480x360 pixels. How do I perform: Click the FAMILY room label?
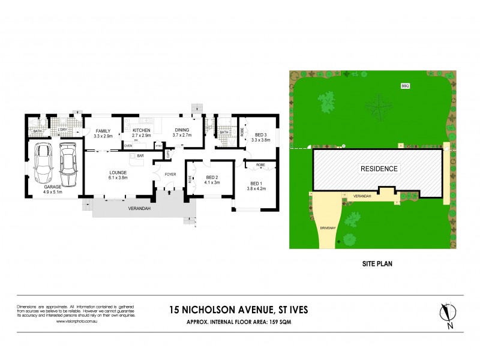pyautogui.click(x=103, y=130)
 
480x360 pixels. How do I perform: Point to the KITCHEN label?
pyautogui.click(x=142, y=130)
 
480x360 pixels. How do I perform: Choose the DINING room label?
pyautogui.click(x=181, y=130)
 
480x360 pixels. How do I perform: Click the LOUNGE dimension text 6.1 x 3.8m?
pyautogui.click(x=118, y=177)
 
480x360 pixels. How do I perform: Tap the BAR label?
pyautogui.click(x=141, y=156)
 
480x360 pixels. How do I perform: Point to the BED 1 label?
pyautogui.click(x=256, y=183)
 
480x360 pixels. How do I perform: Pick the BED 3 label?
pyautogui.click(x=260, y=134)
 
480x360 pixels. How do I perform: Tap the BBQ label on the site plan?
pyautogui.click(x=404, y=86)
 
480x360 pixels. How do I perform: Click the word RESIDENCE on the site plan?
pyautogui.click(x=378, y=169)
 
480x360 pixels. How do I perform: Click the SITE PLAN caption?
pyautogui.click(x=377, y=263)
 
